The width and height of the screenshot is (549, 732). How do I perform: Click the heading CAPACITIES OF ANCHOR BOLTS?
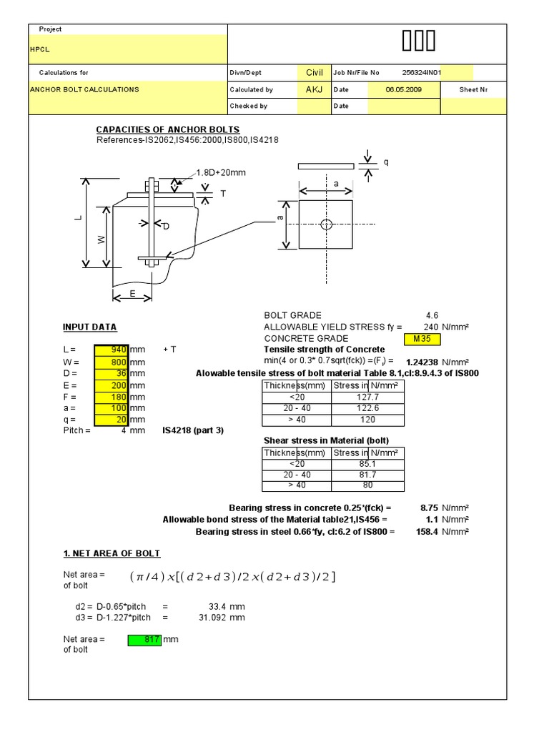point(168,129)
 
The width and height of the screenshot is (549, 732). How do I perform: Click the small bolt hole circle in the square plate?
point(326,224)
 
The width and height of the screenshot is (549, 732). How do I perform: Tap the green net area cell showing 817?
point(145,639)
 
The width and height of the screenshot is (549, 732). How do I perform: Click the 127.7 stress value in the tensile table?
point(367,397)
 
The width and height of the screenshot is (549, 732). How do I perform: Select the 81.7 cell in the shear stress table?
point(367,475)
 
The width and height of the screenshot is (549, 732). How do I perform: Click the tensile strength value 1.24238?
point(422,362)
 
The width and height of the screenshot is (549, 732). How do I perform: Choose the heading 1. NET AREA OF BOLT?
point(112,554)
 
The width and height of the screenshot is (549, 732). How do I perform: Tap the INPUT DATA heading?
point(89,327)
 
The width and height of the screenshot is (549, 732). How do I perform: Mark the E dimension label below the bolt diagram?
point(132,294)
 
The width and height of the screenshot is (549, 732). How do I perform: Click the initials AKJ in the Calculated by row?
point(314,90)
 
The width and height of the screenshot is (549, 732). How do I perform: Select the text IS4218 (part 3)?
point(192,431)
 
